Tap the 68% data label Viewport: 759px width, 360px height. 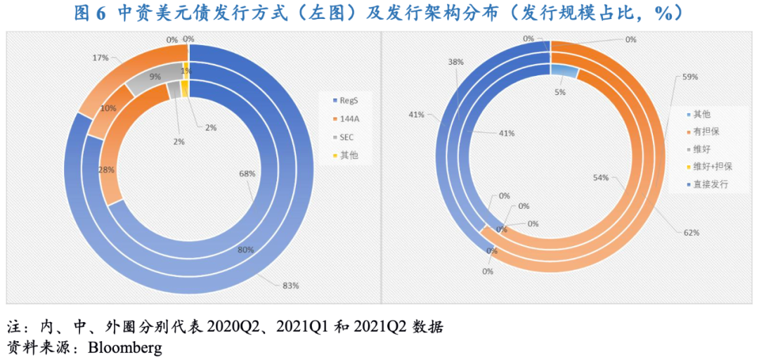pos(247,173)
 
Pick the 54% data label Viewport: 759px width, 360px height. pos(600,178)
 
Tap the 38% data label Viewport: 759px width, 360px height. pos(455,62)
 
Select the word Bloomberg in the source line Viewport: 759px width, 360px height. pos(124,348)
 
